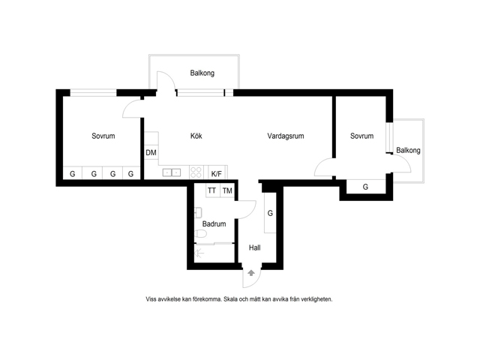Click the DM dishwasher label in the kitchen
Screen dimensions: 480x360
pos(151,152)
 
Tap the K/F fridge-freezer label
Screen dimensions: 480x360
pos(217,174)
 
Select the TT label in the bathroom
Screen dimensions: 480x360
pos(211,190)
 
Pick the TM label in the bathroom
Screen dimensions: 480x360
pos(227,191)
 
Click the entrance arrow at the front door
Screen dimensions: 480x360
pos(251,273)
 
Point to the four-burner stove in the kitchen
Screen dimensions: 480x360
pos(196,172)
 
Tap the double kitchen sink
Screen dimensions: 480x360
pos(172,172)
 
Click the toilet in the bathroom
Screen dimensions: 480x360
pos(200,234)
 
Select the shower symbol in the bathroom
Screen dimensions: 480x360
pos(199,253)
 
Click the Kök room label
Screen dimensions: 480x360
pos(196,136)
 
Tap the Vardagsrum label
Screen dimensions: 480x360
pos(286,136)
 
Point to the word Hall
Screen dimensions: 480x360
pos(255,247)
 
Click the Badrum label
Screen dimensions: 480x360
pos(214,223)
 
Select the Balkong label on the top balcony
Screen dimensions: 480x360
pos(202,73)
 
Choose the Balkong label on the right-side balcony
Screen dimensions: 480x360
pos(408,150)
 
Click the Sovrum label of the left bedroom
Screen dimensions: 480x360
pos(103,136)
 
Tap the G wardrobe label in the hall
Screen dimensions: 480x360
pos(270,213)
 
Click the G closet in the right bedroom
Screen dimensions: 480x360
pos(365,187)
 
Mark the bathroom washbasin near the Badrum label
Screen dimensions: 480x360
pos(198,212)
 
